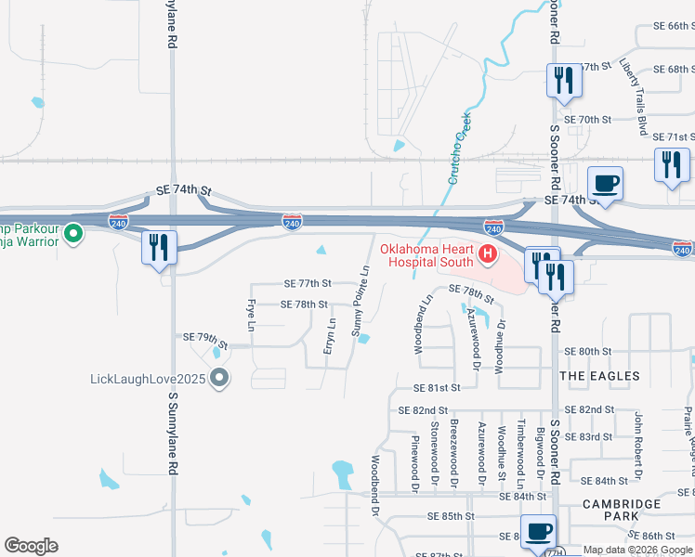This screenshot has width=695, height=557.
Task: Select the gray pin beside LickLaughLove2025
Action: tap(219, 378)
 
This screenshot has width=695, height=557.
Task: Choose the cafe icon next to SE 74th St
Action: tap(605, 183)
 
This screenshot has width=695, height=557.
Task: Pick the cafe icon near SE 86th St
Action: tap(538, 532)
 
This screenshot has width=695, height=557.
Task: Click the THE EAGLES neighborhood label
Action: tap(600, 376)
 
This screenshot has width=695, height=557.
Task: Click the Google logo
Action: tap(31, 546)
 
